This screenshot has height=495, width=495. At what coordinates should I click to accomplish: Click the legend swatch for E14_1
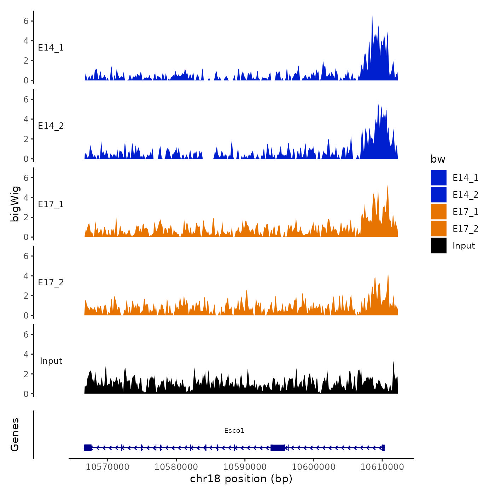point(438,177)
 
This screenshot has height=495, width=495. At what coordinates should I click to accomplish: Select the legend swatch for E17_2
point(438,228)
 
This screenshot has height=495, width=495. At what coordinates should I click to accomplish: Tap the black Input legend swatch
point(438,245)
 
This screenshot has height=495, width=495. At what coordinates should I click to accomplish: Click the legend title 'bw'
point(438,159)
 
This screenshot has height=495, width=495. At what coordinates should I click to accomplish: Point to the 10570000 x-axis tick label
point(107,467)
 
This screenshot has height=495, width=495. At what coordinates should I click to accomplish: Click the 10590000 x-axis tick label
point(245,467)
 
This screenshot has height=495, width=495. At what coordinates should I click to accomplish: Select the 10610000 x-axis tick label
point(382,467)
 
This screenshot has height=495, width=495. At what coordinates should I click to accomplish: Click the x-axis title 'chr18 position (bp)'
point(241,479)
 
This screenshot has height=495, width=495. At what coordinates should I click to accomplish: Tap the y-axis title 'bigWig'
point(15,204)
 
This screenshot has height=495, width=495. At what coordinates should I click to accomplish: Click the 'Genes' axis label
point(15,435)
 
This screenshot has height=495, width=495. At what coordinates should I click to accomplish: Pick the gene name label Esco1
point(234,430)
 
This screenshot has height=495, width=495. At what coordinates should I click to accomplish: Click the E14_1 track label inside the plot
point(51,47)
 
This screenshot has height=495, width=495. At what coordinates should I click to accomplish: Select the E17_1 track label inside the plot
point(51,204)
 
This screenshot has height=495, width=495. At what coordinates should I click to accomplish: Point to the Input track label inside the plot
point(51,361)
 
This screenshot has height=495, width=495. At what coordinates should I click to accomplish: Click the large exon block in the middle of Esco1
point(278,448)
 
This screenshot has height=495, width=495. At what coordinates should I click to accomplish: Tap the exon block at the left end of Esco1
point(88,448)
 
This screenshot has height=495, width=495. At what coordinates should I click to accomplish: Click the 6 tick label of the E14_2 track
point(26,99)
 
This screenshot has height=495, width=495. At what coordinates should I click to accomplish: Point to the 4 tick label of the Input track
point(26,354)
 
